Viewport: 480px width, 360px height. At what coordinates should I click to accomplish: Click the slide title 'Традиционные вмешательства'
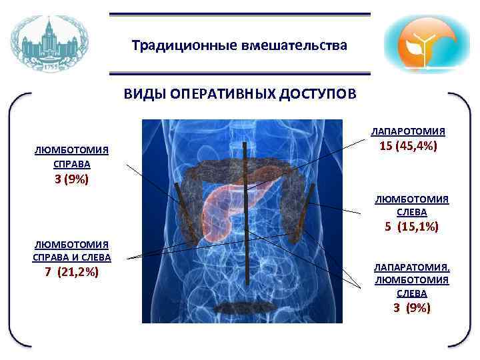pos(239,46)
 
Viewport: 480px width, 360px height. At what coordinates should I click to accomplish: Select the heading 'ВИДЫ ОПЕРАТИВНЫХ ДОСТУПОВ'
pos(239,94)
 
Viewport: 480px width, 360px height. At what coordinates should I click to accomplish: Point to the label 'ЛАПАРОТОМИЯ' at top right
pos(408,131)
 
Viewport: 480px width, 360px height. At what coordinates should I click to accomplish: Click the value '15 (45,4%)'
pos(408,146)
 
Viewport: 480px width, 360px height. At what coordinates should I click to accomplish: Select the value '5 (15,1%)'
pos(411,227)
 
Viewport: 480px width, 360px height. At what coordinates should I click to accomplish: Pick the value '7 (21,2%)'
pos(72,271)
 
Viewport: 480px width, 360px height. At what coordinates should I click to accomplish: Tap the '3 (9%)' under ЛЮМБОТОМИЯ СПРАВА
pos(72,179)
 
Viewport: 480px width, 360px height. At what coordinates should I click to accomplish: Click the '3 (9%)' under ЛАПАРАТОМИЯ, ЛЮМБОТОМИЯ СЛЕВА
pos(411,307)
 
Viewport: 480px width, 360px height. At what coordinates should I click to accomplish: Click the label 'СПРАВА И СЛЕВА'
pos(72,257)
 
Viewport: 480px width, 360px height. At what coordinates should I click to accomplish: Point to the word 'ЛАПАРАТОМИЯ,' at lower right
pos(411,267)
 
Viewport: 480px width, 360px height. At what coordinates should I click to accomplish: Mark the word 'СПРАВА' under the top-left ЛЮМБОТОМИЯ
pos(72,163)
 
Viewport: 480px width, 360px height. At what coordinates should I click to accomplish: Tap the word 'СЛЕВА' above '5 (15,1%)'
pos(411,212)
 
